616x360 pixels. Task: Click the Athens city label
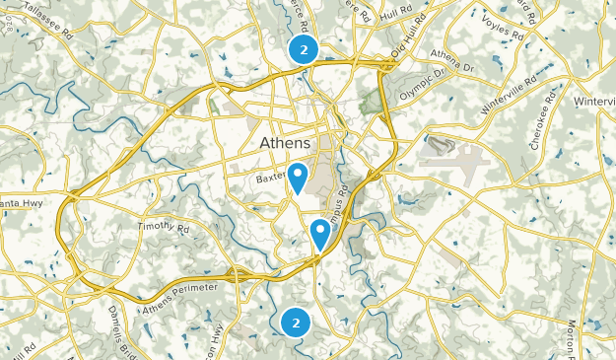tap(290, 144)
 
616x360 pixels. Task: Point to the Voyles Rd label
tap(503, 28)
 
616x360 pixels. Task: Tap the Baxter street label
tap(268, 179)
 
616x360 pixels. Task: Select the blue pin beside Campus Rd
tap(320, 233)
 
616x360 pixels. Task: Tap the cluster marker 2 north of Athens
tap(303, 49)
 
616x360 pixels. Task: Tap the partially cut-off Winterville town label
tap(595, 102)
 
